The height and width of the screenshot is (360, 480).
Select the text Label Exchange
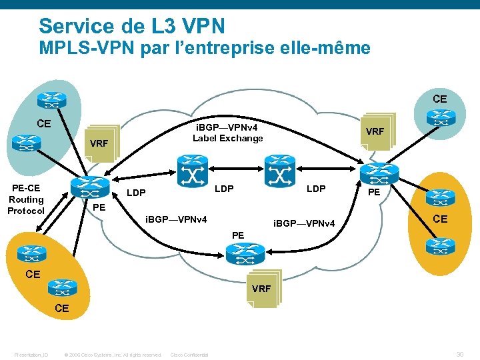228,138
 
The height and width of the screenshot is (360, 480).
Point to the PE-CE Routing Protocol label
26,199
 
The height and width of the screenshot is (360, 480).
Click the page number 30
459,354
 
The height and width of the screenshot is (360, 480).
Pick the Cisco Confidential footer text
190,355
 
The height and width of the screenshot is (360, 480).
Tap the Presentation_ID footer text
31,355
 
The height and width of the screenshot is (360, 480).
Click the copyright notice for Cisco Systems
112,355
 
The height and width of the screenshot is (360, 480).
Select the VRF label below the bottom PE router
261,289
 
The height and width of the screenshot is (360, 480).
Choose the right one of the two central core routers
279,171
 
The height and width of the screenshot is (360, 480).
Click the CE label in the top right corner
440,99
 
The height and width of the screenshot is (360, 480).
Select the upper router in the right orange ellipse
441,197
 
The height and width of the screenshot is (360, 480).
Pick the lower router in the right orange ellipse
440,245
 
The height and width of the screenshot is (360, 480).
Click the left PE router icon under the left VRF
93,187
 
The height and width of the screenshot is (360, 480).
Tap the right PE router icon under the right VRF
375,171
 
